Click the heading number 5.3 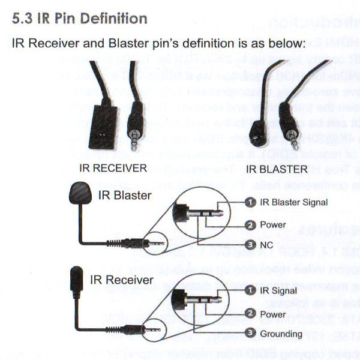coord(25,19)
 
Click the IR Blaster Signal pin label coord(293,202)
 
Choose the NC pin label coord(267,245)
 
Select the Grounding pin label coord(281,334)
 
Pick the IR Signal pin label coord(277,290)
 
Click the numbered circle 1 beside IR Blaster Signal coord(250,202)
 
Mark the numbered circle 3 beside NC coord(250,245)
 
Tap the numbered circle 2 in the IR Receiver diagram coord(250,314)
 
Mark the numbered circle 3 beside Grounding coord(250,334)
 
